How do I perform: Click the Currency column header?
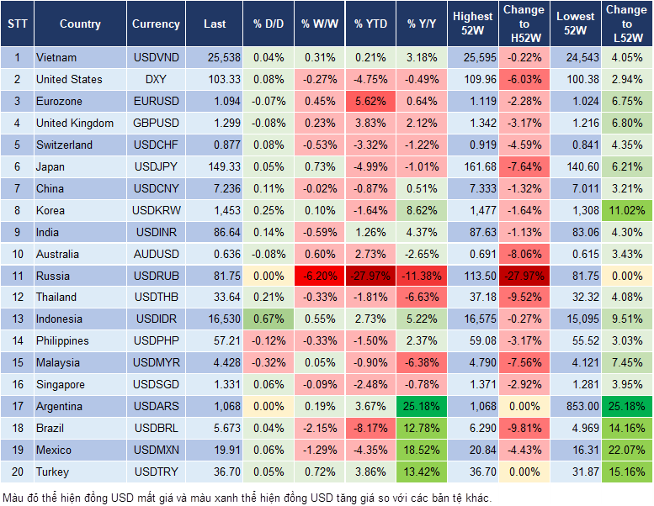[156, 24]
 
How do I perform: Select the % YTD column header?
[370, 24]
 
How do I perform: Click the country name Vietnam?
[56, 58]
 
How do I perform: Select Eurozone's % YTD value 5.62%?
[370, 101]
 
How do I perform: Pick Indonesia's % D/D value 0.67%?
[268, 319]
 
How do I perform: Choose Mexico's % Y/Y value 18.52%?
[422, 450]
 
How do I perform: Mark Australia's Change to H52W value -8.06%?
[523, 254]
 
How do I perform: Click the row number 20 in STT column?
[17, 472]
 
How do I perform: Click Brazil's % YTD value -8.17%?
[370, 428]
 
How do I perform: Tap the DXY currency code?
[156, 79]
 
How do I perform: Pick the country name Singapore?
[60, 384]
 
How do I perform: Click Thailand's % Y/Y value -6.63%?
[422, 298]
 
